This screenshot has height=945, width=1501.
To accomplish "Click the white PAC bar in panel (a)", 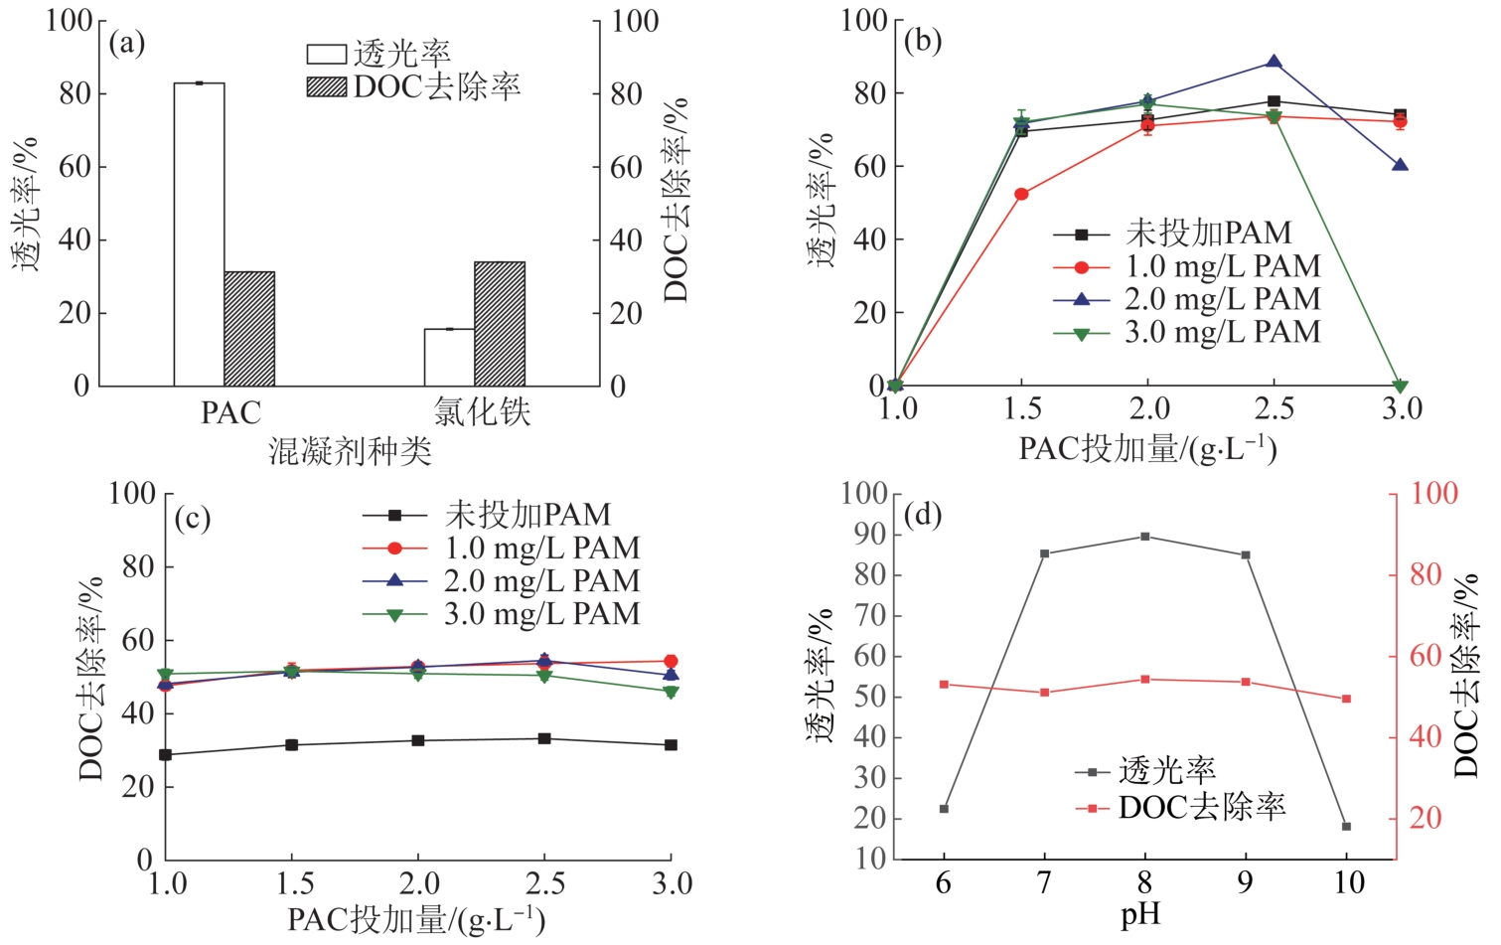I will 199,234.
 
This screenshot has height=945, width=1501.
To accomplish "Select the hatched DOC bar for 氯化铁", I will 500,324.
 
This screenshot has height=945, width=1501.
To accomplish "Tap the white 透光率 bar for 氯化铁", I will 449,357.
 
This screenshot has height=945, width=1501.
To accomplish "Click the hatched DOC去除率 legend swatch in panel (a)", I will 326,87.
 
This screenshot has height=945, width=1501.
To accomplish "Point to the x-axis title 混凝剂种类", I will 351,452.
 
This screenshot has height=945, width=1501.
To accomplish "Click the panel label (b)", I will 923,41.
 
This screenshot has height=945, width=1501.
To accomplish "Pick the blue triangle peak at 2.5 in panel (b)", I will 1274,63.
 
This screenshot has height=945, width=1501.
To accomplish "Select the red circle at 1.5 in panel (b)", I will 1021,194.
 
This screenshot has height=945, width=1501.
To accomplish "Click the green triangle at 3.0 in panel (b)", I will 1400,386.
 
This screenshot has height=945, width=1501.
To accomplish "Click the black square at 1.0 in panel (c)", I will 166,755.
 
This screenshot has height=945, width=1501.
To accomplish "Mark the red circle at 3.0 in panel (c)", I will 671,661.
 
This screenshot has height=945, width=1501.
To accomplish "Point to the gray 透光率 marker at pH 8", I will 1144,537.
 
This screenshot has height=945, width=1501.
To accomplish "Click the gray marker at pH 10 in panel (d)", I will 1346,826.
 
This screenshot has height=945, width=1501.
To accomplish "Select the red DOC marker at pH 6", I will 944,685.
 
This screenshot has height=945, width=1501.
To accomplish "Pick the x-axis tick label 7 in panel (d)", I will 1044,882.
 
